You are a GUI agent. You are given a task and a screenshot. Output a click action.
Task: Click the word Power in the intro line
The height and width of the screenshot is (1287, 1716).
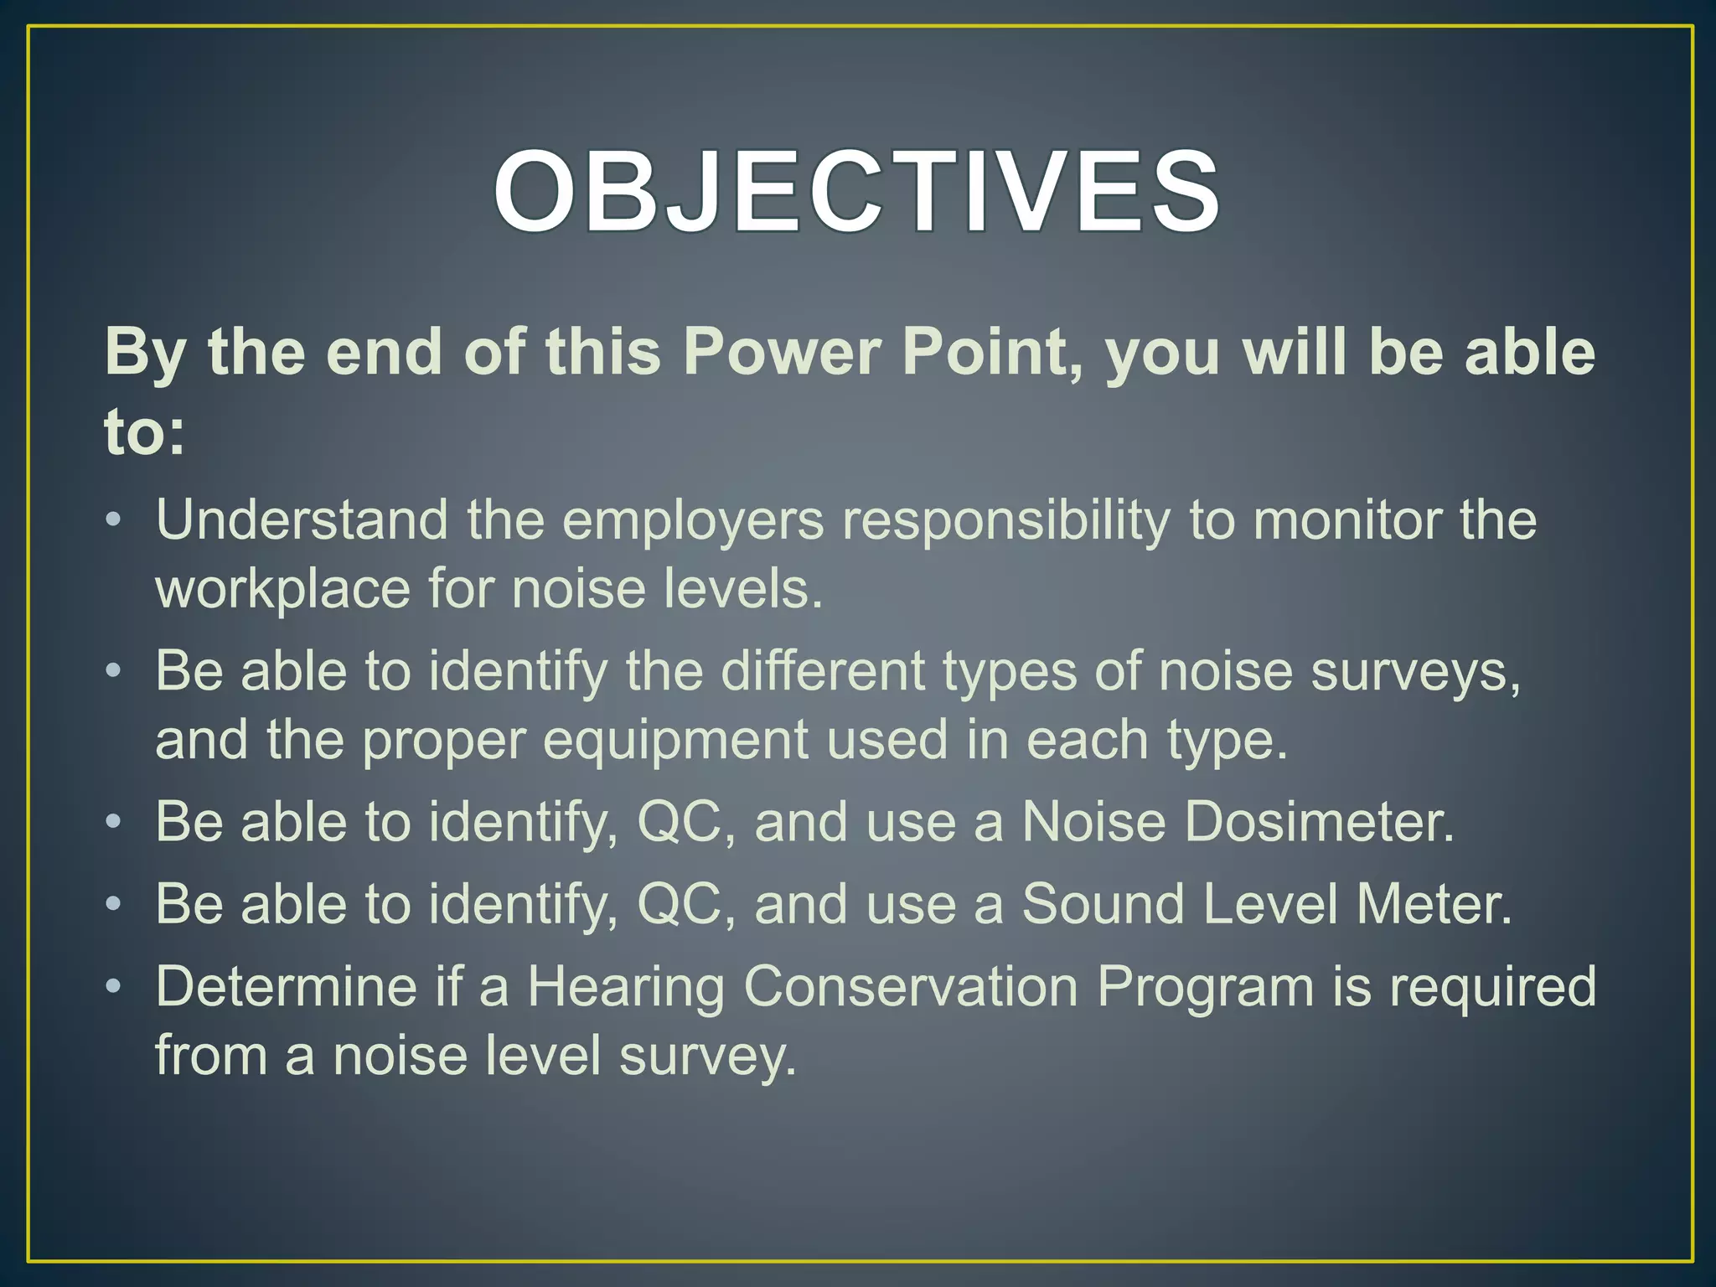(782, 352)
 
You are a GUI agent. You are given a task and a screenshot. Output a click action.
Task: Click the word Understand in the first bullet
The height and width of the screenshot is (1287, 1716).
(302, 520)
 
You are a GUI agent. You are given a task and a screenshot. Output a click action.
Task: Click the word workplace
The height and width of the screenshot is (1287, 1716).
(283, 589)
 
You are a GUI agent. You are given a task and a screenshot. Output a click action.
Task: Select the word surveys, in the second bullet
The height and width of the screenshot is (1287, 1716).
(1415, 673)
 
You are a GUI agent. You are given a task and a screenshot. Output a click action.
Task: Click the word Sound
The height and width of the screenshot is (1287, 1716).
(1103, 904)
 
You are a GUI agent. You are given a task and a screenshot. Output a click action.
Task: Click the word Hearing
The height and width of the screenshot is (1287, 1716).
(625, 987)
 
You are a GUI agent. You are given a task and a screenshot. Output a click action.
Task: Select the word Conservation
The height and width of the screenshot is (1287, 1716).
(910, 986)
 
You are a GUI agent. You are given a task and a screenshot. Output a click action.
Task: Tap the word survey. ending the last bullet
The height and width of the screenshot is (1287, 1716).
(708, 1056)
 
